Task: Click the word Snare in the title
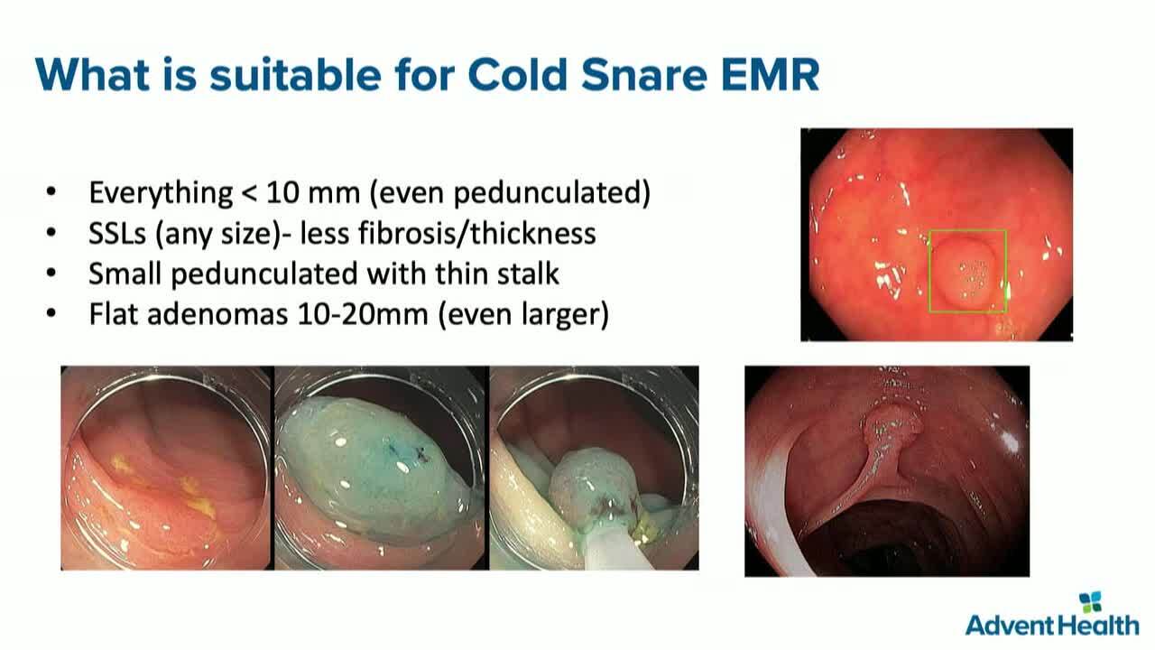coord(643,75)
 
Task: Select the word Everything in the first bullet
coord(161,193)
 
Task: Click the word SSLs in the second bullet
coord(117,233)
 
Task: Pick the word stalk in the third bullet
coord(528,274)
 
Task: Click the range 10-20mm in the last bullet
coord(363,314)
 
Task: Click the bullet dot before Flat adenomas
coord(51,313)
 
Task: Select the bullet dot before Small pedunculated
coord(51,273)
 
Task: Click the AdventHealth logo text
coord(1052,626)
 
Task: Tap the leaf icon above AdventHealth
coord(1091,602)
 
